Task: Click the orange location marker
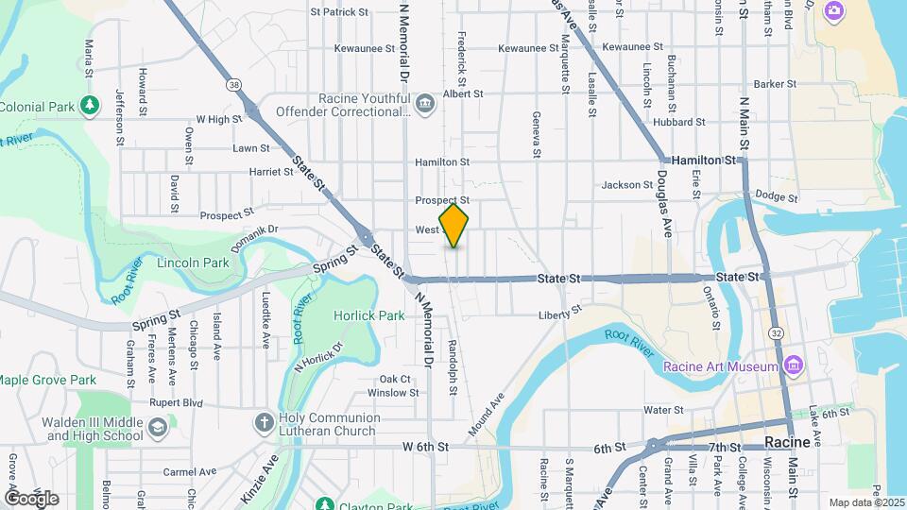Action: tap(454, 226)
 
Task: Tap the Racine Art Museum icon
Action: tap(792, 365)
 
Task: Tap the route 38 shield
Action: tap(233, 85)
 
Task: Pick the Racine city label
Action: tap(786, 442)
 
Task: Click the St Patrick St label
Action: tap(338, 12)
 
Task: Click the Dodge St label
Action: tap(778, 197)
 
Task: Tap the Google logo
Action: tap(31, 498)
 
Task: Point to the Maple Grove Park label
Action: tap(47, 380)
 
